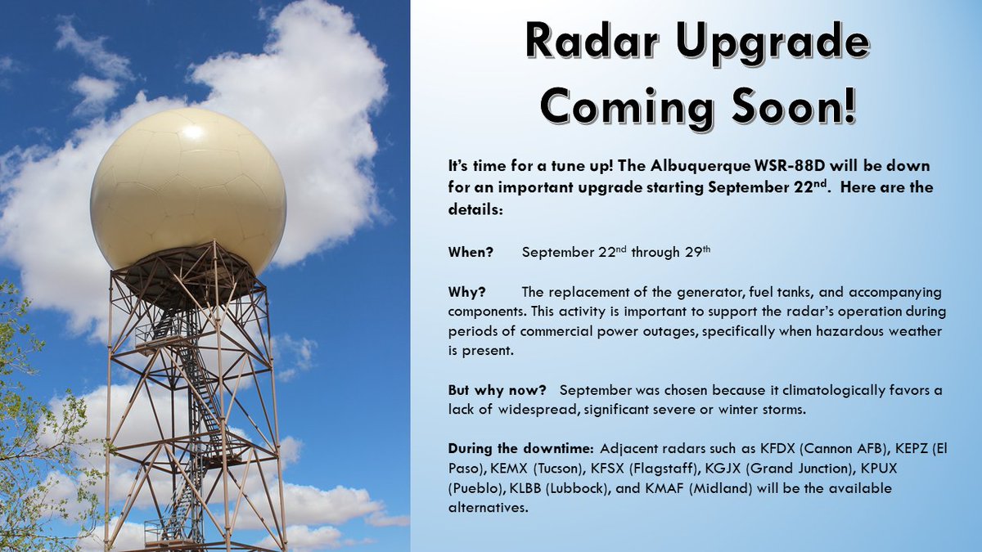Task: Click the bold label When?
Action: point(471,253)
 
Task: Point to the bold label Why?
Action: point(467,292)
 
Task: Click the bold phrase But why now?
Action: point(498,390)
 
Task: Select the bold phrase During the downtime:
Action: point(520,449)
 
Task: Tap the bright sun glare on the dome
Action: point(192,132)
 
